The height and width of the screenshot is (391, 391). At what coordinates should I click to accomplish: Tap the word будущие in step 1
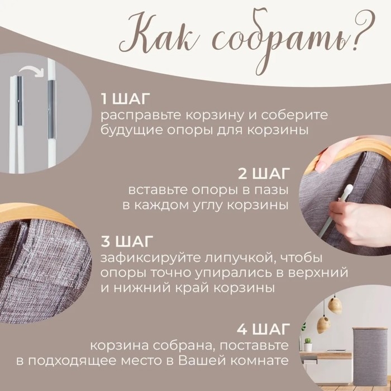(127, 131)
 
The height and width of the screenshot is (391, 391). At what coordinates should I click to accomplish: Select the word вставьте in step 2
(153, 188)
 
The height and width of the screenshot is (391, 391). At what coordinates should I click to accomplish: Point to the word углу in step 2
(217, 204)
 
